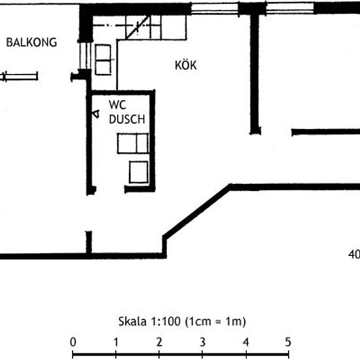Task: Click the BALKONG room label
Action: click(x=31, y=43)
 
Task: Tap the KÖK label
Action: click(x=186, y=65)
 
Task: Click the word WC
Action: click(x=118, y=105)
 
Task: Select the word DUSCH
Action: click(x=127, y=119)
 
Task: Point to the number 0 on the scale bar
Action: click(x=73, y=342)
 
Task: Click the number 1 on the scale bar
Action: click(x=116, y=342)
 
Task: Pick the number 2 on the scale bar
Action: click(x=159, y=342)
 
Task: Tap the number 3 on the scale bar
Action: click(x=202, y=342)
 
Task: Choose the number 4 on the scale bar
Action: click(x=245, y=342)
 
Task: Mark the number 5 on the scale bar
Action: click(x=288, y=342)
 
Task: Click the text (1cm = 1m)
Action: click(x=215, y=321)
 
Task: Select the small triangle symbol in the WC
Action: click(x=96, y=114)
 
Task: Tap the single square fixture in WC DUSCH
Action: click(x=139, y=172)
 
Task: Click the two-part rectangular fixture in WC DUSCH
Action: click(x=133, y=143)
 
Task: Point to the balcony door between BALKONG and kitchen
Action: click(x=85, y=56)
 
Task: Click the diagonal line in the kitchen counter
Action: click(x=137, y=27)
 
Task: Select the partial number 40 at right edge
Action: click(x=354, y=255)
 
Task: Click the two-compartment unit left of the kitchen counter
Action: click(x=103, y=60)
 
